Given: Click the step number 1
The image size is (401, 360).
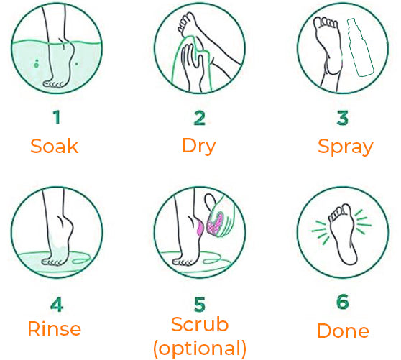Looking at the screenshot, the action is [57, 117].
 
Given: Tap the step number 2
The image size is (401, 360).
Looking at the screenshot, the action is [200, 118].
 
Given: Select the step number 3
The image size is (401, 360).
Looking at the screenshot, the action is [343, 118].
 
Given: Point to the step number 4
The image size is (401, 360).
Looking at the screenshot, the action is [57, 304].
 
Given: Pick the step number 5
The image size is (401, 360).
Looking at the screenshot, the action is [200, 304].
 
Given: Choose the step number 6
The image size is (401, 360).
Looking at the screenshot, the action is [343, 302].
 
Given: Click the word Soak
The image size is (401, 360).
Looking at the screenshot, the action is [54, 146].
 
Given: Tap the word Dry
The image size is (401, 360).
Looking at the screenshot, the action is [199, 147].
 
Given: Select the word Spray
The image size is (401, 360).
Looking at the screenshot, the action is [346, 147].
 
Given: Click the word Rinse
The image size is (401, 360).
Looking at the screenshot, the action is [54, 328].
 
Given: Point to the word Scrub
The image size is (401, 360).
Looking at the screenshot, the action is [200, 324].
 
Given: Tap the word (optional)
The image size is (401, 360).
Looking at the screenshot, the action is [200, 349].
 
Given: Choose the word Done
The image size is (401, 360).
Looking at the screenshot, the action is [343, 331].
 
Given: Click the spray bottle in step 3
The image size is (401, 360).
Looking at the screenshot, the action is [360, 47].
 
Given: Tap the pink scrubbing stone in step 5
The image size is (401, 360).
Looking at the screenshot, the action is [214, 223].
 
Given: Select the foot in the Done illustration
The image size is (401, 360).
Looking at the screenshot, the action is [343, 234].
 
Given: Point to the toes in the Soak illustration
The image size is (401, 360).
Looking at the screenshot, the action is [53, 84].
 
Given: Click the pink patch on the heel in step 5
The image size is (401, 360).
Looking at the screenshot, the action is [200, 228].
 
